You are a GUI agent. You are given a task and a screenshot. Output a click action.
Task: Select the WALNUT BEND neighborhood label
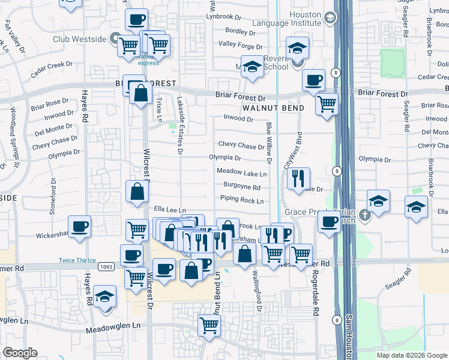tap(273, 108)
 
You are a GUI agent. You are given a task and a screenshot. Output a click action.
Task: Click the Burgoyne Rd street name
tap(240, 187)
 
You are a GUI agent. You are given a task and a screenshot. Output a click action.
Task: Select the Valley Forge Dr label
tap(240, 45)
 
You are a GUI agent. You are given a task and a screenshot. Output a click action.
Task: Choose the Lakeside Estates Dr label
tap(179, 125)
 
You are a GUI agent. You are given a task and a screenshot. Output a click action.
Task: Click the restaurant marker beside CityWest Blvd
tap(298, 178)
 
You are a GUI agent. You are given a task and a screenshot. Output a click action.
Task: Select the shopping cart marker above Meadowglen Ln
tap(209, 325)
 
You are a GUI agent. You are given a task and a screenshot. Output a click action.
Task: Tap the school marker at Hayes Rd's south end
tap(104, 296)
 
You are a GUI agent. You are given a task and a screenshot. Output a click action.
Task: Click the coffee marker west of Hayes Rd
tap(79, 227)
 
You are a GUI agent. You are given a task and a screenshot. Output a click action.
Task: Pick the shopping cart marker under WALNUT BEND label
tap(327, 104)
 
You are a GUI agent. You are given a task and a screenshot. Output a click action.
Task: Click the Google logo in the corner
tap(20, 353)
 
